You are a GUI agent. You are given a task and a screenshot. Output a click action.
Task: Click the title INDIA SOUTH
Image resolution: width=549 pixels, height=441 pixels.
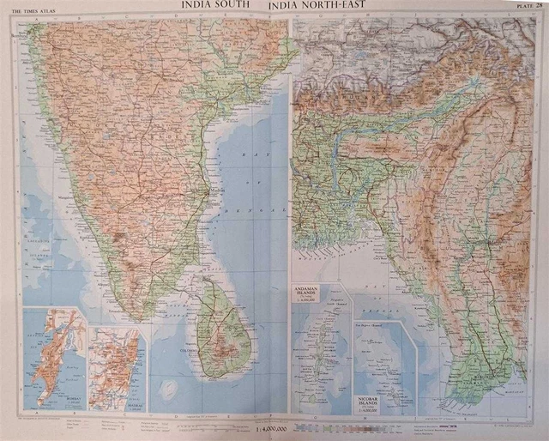point(215,6)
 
